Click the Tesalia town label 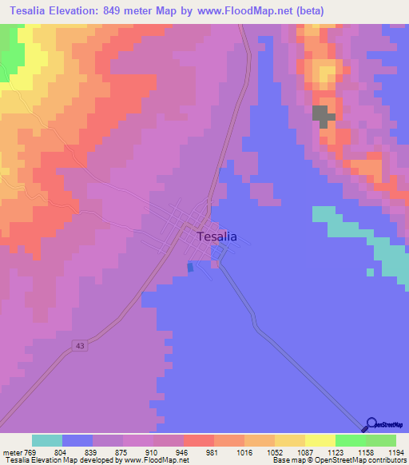coord(216,236)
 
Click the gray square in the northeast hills coord(322,116)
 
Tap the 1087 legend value coord(304,452)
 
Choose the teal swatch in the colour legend coord(47,440)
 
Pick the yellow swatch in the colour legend coord(320,440)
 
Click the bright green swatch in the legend coord(351,440)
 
